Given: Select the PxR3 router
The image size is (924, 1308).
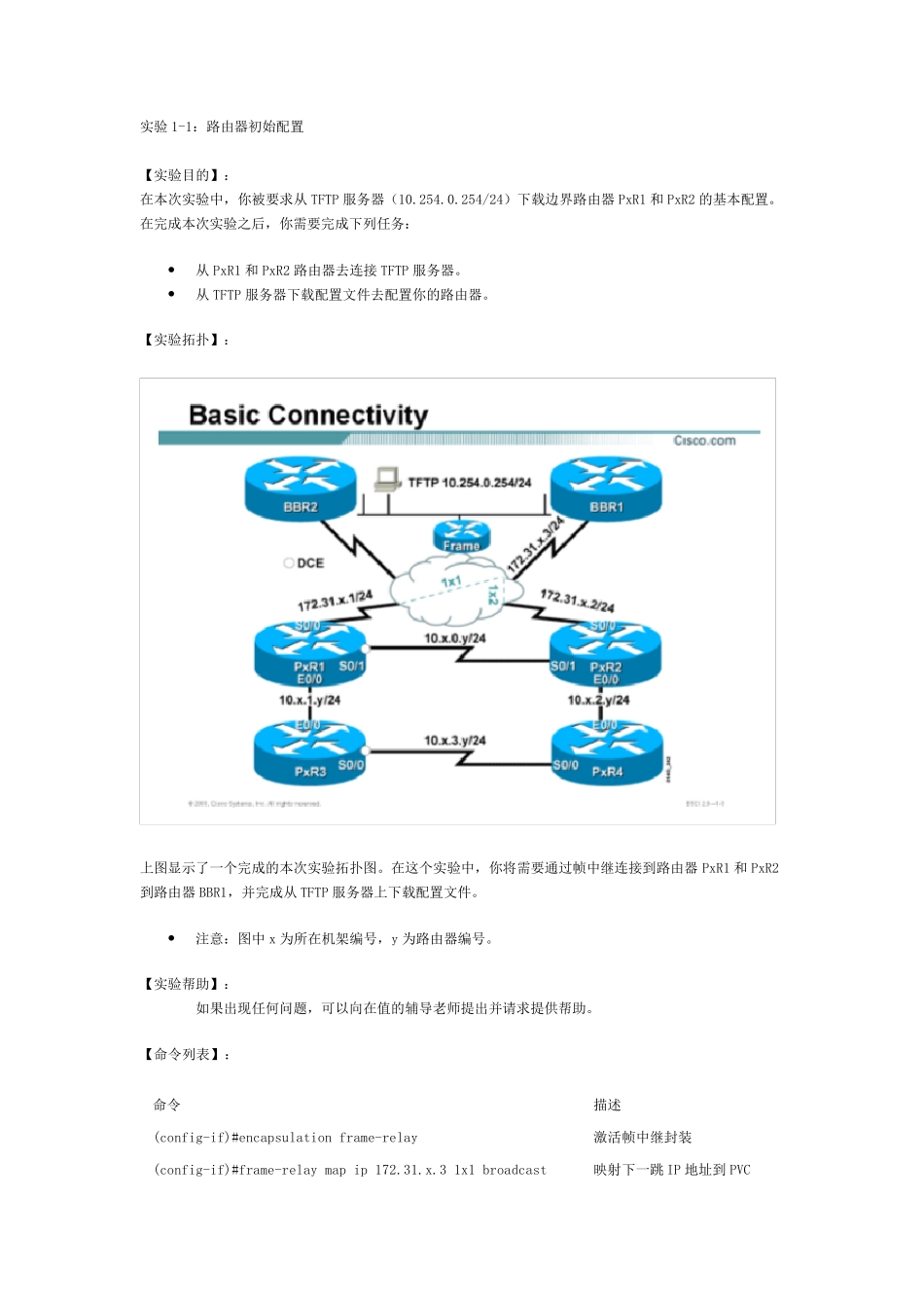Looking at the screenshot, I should coord(310,755).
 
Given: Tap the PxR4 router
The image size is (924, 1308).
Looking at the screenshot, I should coord(606,755).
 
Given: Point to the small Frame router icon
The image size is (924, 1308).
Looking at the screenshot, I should coord(461,536).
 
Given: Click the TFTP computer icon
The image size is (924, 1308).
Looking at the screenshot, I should coord(387,478).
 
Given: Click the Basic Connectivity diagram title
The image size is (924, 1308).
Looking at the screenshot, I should coord(308,416).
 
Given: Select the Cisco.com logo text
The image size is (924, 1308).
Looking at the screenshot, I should coord(705,441).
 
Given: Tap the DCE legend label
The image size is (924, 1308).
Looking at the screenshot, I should coord(304,563).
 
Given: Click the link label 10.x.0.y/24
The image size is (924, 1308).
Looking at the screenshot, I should coord(455,638).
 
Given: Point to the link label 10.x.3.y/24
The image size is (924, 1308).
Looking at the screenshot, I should coord(455,741).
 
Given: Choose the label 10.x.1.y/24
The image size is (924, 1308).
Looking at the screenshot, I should coord(309,700).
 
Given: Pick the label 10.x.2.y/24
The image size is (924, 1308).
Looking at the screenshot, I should coord(599,700).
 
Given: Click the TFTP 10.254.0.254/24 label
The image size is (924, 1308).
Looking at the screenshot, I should coord(470,482).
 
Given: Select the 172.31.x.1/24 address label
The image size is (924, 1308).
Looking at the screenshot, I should coord(335,600).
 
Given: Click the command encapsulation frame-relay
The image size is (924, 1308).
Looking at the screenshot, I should coord(286,1138).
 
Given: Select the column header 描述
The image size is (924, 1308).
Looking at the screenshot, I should coord(608,1105).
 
